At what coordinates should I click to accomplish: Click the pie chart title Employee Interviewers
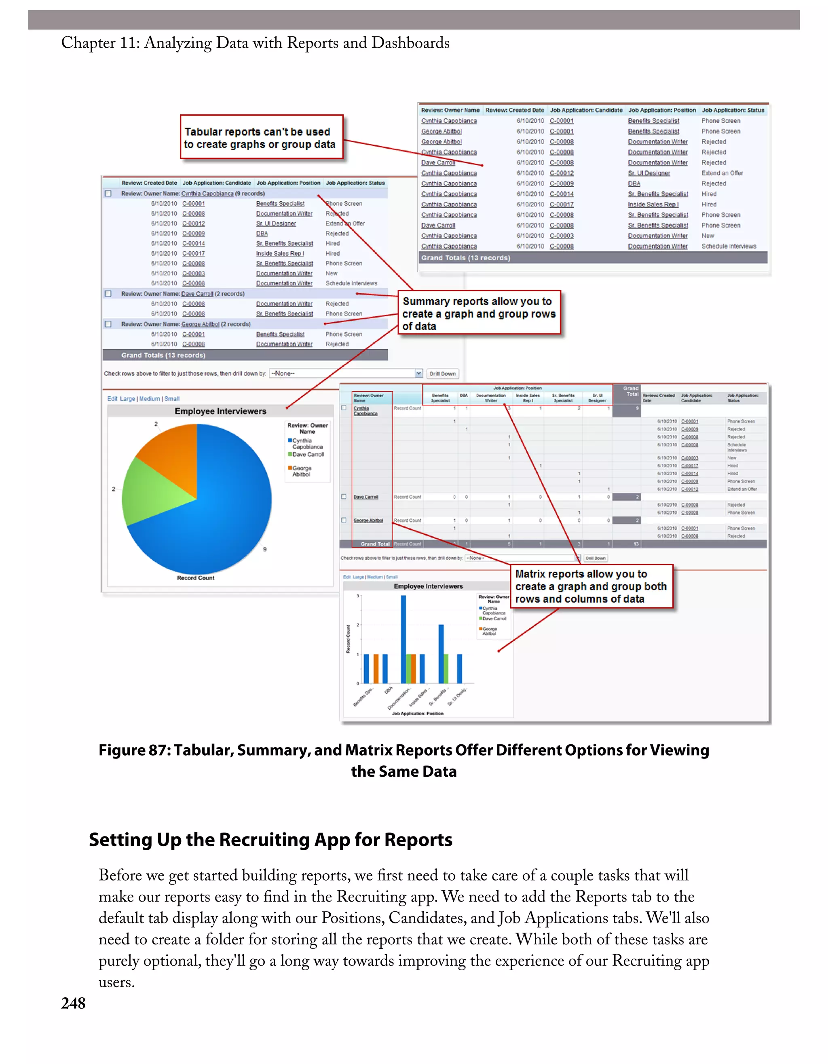pyautogui.click(x=220, y=411)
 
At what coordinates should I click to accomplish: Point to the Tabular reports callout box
pyautogui.click(x=261, y=137)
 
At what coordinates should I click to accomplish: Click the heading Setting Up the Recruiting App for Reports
pyautogui.click(x=270, y=840)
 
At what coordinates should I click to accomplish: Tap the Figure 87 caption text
pyautogui.click(x=403, y=761)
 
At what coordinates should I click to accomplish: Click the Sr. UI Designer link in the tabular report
pyautogui.click(x=648, y=173)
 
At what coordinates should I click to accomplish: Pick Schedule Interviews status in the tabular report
pyautogui.click(x=729, y=247)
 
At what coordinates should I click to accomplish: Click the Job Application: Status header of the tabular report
pyautogui.click(x=733, y=110)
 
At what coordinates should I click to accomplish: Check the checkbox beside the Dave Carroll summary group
pyautogui.click(x=108, y=294)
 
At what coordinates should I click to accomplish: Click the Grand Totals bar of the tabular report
pyautogui.click(x=592, y=258)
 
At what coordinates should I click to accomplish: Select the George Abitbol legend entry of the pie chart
pyautogui.click(x=301, y=471)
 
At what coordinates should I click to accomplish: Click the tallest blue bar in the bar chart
pyautogui.click(x=403, y=638)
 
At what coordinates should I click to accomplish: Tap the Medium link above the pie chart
pyautogui.click(x=150, y=398)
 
